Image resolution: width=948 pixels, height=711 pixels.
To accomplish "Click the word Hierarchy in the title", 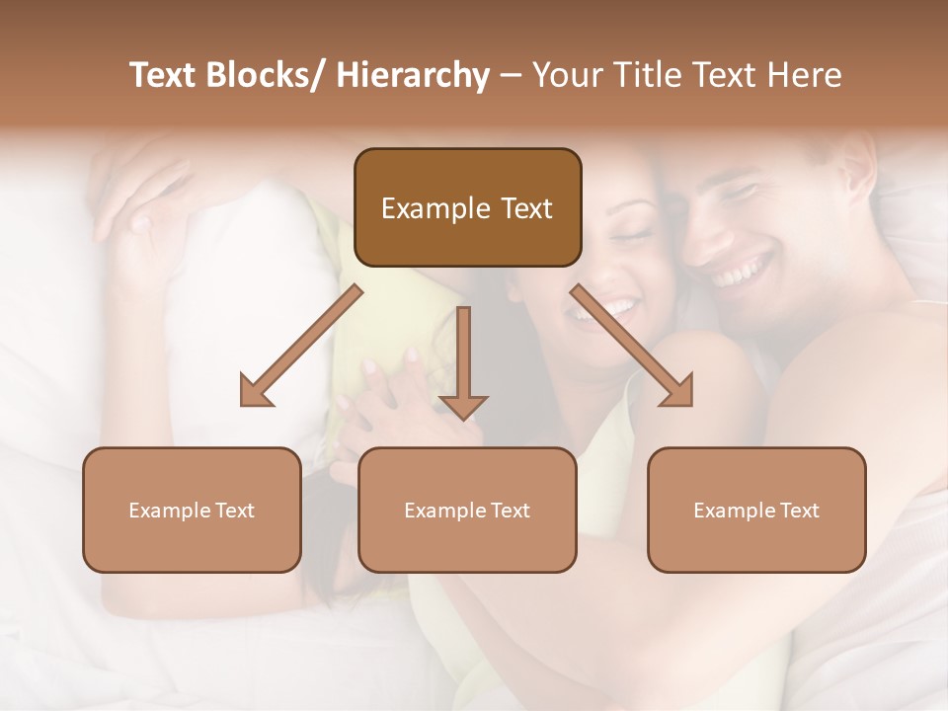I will (413, 76).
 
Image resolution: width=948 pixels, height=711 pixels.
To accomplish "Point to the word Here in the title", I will (805, 76).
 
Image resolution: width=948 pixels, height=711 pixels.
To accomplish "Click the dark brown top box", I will (467, 207).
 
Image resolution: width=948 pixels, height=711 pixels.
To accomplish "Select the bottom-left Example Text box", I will (192, 510).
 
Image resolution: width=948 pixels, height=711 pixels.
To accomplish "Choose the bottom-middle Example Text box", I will (467, 510).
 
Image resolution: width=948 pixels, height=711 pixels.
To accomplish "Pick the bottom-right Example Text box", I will (756, 510).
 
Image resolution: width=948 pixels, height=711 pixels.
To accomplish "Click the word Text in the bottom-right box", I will (798, 511).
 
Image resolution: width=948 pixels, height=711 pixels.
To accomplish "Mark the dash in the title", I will (511, 76).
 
